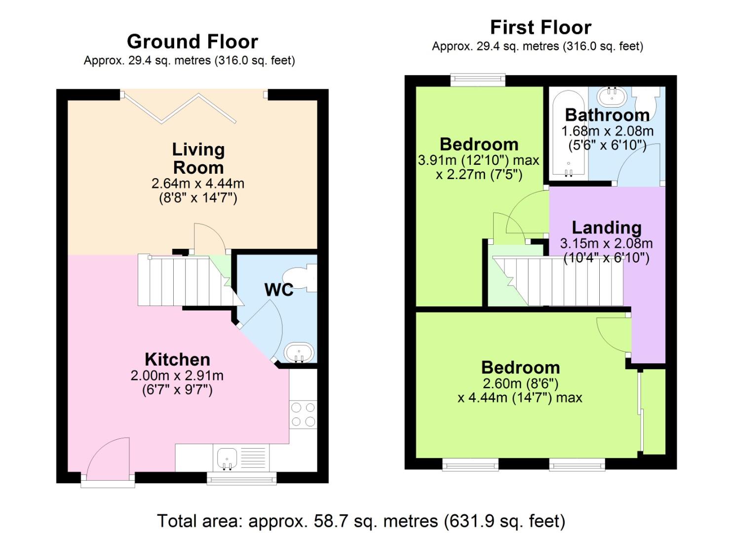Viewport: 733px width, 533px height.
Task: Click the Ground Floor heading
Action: pyautogui.click(x=192, y=42)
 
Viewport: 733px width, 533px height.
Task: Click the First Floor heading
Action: pyautogui.click(x=540, y=27)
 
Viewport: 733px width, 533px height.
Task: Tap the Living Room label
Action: pyautogui.click(x=198, y=158)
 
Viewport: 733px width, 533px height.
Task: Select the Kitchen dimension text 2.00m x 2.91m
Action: pyautogui.click(x=177, y=376)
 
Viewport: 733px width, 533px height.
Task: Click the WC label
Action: pyautogui.click(x=279, y=290)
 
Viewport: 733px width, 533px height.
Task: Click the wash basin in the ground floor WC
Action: pyautogui.click(x=299, y=353)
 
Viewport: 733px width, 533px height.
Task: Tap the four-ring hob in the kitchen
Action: pyautogui.click(x=303, y=415)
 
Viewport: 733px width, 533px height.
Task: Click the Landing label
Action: pyautogui.click(x=606, y=228)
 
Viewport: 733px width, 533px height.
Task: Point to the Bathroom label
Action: pyautogui.click(x=607, y=115)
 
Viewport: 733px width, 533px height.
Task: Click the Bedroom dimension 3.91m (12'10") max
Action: pyautogui.click(x=478, y=160)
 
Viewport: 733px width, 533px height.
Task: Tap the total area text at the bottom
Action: pyautogui.click(x=361, y=521)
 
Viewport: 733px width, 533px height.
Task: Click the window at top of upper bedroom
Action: pyautogui.click(x=478, y=79)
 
